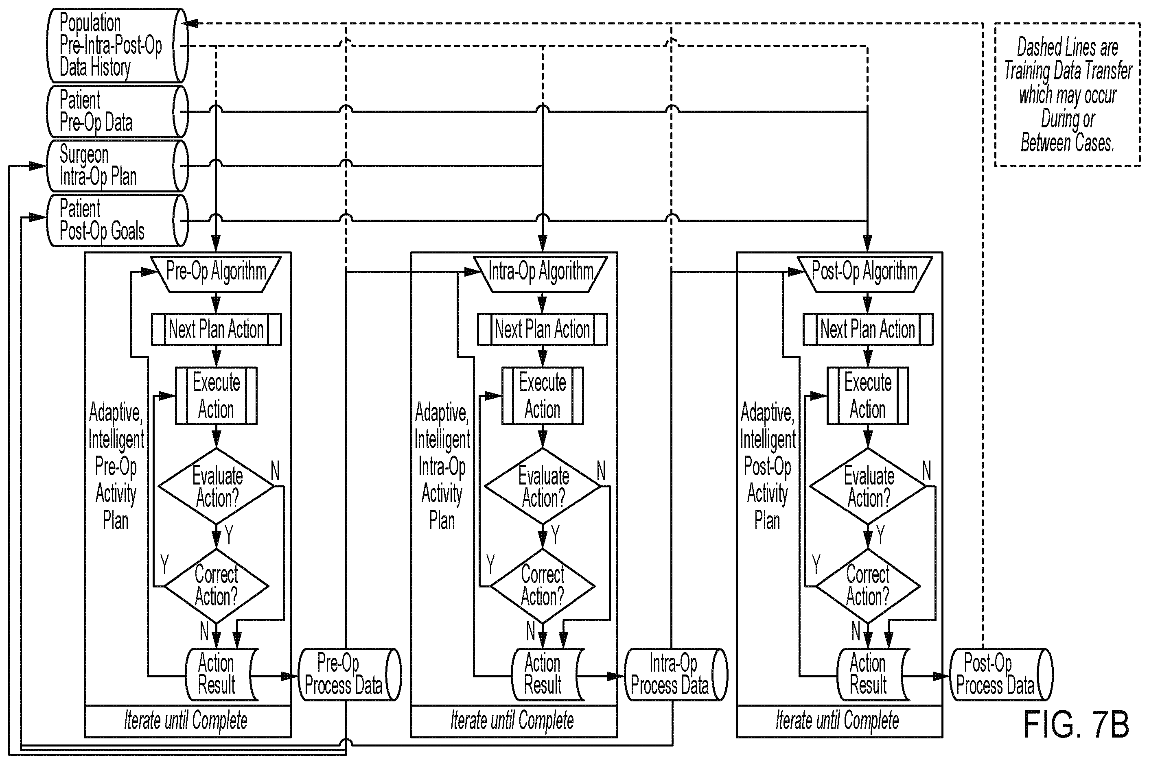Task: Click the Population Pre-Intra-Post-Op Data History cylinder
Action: coord(117,45)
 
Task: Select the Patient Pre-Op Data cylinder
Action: coord(117,111)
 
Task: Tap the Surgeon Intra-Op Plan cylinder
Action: coord(117,166)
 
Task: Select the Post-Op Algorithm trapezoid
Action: coord(865,274)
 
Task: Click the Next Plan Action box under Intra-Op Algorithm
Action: coord(542,330)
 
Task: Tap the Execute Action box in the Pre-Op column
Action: coord(216,396)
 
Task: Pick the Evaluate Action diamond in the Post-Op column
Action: coord(868,486)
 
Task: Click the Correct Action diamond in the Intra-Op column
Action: coord(542,586)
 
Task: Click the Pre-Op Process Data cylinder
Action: coord(350,675)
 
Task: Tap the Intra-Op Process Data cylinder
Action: coord(676,675)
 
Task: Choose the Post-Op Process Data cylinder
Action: coord(1001,675)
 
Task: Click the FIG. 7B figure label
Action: coord(1076,725)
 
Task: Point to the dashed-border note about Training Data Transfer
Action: coord(1067,94)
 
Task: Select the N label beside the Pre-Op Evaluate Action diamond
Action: coord(275,471)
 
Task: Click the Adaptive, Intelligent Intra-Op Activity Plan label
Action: coord(442,466)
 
